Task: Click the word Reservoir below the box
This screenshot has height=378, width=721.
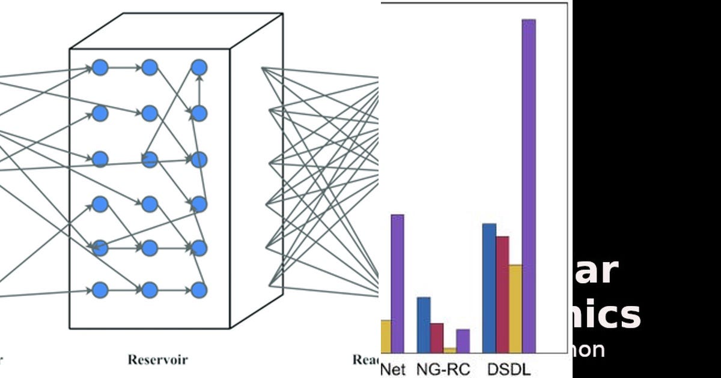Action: click(157, 360)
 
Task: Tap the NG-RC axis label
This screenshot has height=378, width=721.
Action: click(443, 369)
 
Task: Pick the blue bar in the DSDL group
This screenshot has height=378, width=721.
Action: click(489, 288)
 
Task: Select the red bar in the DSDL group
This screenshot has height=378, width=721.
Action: click(502, 294)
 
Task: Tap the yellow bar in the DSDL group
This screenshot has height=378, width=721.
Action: click(515, 308)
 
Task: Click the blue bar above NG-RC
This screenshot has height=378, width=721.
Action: click(424, 325)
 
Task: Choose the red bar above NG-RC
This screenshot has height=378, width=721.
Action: click(437, 338)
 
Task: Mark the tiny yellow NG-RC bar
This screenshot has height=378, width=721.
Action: click(449, 350)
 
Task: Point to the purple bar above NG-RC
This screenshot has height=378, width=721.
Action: click(463, 341)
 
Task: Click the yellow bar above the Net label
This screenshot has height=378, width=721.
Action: click(386, 336)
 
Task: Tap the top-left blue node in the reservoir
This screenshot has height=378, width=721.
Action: click(100, 67)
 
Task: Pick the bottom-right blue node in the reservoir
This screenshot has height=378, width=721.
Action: click(199, 290)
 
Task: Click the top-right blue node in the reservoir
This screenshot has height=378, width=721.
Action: click(199, 67)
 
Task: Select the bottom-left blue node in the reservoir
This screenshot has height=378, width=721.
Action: click(100, 290)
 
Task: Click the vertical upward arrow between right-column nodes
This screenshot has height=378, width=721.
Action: click(199, 90)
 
